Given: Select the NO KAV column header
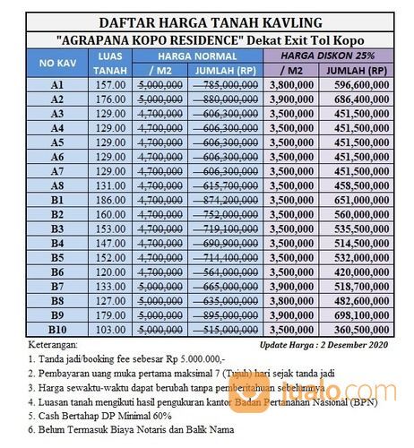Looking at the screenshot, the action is pyautogui.click(x=56, y=64).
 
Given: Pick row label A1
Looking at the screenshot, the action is pyautogui.click(x=56, y=84).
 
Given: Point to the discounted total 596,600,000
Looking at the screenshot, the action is pyautogui.click(x=360, y=84).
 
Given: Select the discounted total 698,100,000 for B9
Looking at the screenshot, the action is pyautogui.click(x=360, y=316).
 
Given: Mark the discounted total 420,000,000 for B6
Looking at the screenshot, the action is pyautogui.click(x=360, y=272).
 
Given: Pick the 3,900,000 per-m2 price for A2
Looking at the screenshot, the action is pyautogui.click(x=290, y=99).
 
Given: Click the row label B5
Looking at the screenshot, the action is pyautogui.click(x=56, y=258).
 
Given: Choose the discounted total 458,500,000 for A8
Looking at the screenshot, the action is pyautogui.click(x=360, y=185).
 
